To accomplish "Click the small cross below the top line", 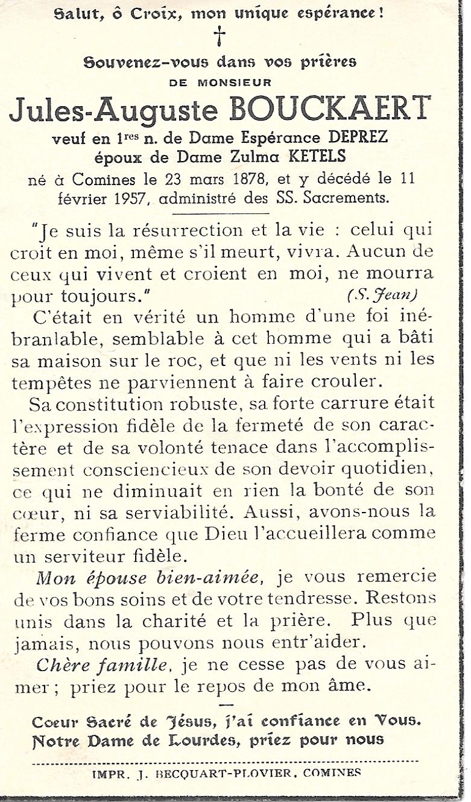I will pos(220,37).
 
